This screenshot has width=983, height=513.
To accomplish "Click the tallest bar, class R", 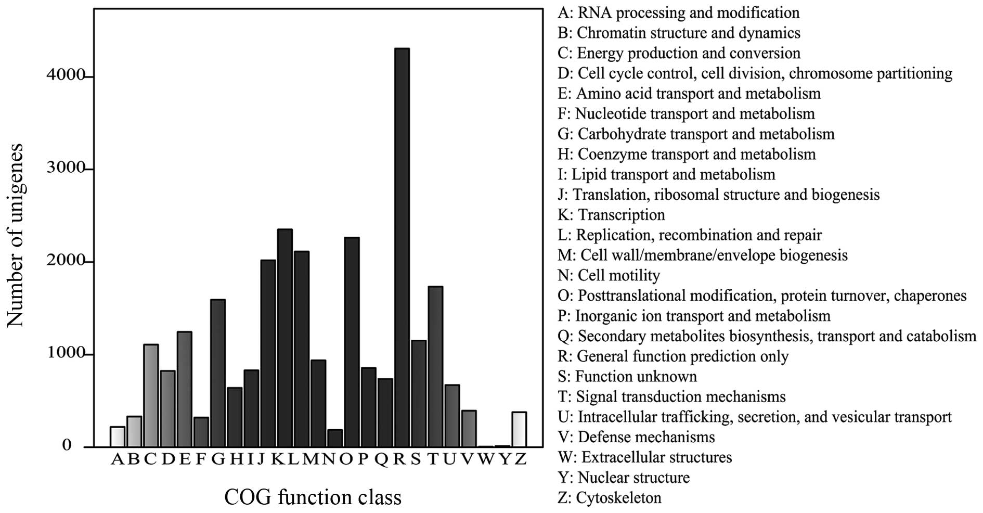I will pos(402,248).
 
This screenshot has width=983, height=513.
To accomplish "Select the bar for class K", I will pos(284,338).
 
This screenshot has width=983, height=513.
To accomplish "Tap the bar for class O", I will pos(352,342).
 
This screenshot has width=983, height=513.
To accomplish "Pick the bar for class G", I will pos(217,373).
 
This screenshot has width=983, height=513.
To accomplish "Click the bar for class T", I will pos(435,367).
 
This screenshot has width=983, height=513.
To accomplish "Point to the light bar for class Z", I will pos(519,429).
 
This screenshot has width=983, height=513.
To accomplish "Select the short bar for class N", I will pos(335,438).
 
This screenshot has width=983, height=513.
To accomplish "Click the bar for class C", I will pos(151,395).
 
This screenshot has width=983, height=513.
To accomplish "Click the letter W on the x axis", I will pos(486,459).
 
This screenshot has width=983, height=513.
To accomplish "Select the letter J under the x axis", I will pos(261,459).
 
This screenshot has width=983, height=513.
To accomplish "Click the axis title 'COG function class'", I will pos(313,497).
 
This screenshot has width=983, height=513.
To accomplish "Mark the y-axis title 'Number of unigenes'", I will pos(16,235).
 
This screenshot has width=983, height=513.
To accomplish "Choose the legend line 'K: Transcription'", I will pos(611,215).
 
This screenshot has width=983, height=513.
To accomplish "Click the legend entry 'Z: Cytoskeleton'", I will pos(610,498).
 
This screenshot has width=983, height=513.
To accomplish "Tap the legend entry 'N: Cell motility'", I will pos(609,275).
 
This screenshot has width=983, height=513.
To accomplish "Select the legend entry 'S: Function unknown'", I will pos(627,376).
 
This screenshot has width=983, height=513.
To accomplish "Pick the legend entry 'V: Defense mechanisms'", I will pos(636,437).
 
